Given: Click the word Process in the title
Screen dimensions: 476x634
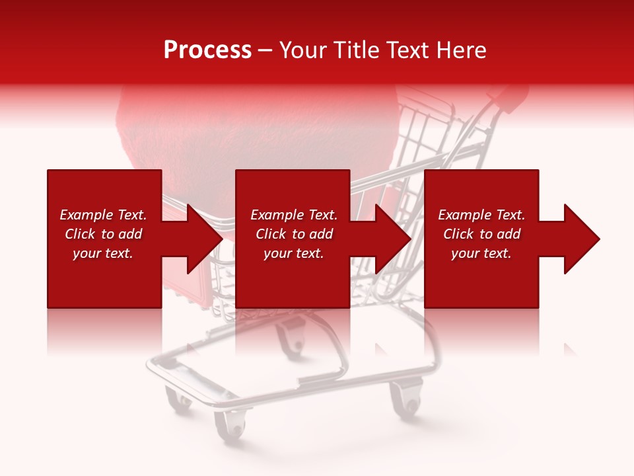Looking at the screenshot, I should pyautogui.click(x=207, y=50).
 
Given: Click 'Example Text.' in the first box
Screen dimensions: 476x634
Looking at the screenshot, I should pyautogui.click(x=103, y=215).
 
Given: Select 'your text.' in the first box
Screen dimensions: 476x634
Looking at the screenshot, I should pyautogui.click(x=103, y=253).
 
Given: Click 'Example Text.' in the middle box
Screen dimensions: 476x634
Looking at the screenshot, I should pyautogui.click(x=294, y=215).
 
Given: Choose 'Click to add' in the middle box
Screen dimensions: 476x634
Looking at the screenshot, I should pyautogui.click(x=294, y=234).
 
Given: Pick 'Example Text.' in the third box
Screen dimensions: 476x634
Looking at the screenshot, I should pyautogui.click(x=481, y=215).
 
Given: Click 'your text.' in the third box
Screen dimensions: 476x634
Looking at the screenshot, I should pyautogui.click(x=481, y=253).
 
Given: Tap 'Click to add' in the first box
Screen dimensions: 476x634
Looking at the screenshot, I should pyautogui.click(x=103, y=234).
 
